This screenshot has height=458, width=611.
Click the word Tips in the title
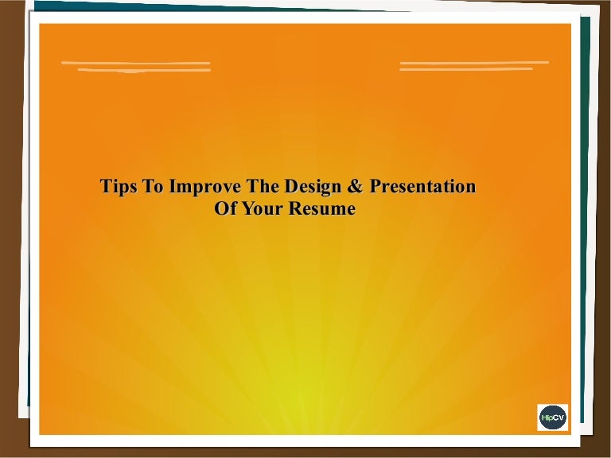pos(119,187)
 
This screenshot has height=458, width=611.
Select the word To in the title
pos(154,186)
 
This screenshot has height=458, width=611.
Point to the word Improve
pos(205,187)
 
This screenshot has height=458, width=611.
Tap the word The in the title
pos(263,186)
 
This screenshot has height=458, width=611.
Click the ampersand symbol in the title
pos(354,186)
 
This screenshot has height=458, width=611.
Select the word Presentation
pos(422,186)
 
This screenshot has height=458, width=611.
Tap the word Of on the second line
pos(225,208)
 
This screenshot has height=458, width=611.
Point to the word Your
pos(263,208)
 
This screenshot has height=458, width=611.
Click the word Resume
pos(322,208)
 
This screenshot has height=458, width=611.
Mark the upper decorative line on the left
pos(135,63)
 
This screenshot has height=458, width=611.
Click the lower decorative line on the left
pos(144,70)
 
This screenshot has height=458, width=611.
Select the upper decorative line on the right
pos(474,62)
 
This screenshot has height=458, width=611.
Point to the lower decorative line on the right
pos(466,69)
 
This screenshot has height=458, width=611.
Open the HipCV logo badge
pos(553,417)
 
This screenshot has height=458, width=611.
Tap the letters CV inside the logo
pos(559,417)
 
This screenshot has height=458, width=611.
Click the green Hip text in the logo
pos(547,418)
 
